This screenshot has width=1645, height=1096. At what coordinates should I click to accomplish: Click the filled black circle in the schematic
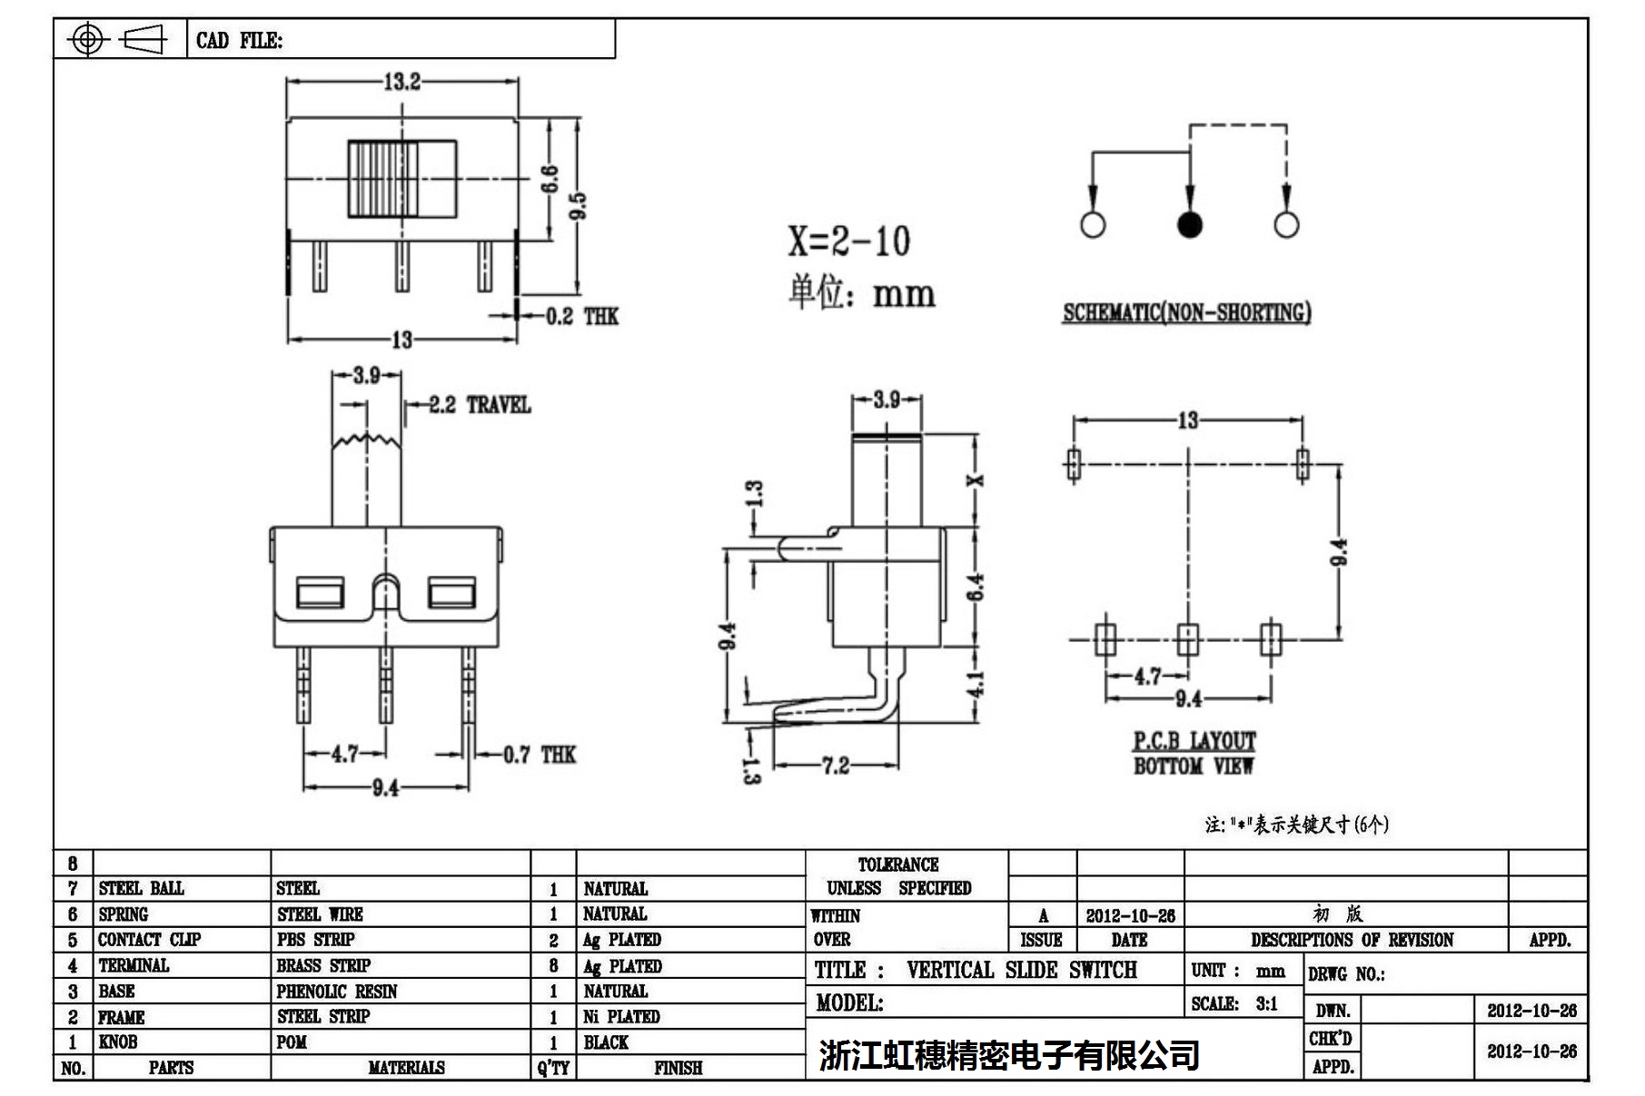(1189, 224)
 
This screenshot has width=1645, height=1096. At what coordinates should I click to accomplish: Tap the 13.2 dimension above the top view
(401, 82)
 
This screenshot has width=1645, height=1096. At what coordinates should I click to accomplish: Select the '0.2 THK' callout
(581, 316)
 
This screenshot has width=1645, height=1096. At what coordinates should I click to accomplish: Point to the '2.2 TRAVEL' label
(480, 405)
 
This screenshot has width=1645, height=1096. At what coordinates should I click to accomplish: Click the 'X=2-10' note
(848, 241)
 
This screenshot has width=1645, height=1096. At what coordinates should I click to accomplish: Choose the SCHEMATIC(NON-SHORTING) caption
(1187, 312)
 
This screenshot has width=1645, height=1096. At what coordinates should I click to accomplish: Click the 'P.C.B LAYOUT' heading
(1194, 741)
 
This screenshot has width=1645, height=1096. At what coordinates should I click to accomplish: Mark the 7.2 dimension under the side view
(836, 765)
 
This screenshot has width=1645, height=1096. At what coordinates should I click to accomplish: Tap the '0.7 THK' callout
(540, 755)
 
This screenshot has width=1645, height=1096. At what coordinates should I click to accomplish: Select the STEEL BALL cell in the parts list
(142, 888)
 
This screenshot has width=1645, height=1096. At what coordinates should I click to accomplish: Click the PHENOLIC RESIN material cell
(337, 992)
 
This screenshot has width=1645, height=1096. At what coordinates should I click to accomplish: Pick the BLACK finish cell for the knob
(606, 1042)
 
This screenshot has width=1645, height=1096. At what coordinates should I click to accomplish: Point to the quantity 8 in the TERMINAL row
(553, 966)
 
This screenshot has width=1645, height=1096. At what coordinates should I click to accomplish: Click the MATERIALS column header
(406, 1068)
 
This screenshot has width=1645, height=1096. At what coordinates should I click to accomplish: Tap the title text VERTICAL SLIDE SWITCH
(1021, 970)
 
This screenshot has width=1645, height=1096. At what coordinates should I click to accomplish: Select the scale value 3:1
(1266, 1003)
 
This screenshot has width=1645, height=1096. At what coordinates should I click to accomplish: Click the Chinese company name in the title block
(1008, 1055)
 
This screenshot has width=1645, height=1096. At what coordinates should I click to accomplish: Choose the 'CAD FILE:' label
(239, 41)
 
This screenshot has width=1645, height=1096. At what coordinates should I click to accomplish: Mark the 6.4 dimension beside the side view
(975, 587)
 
